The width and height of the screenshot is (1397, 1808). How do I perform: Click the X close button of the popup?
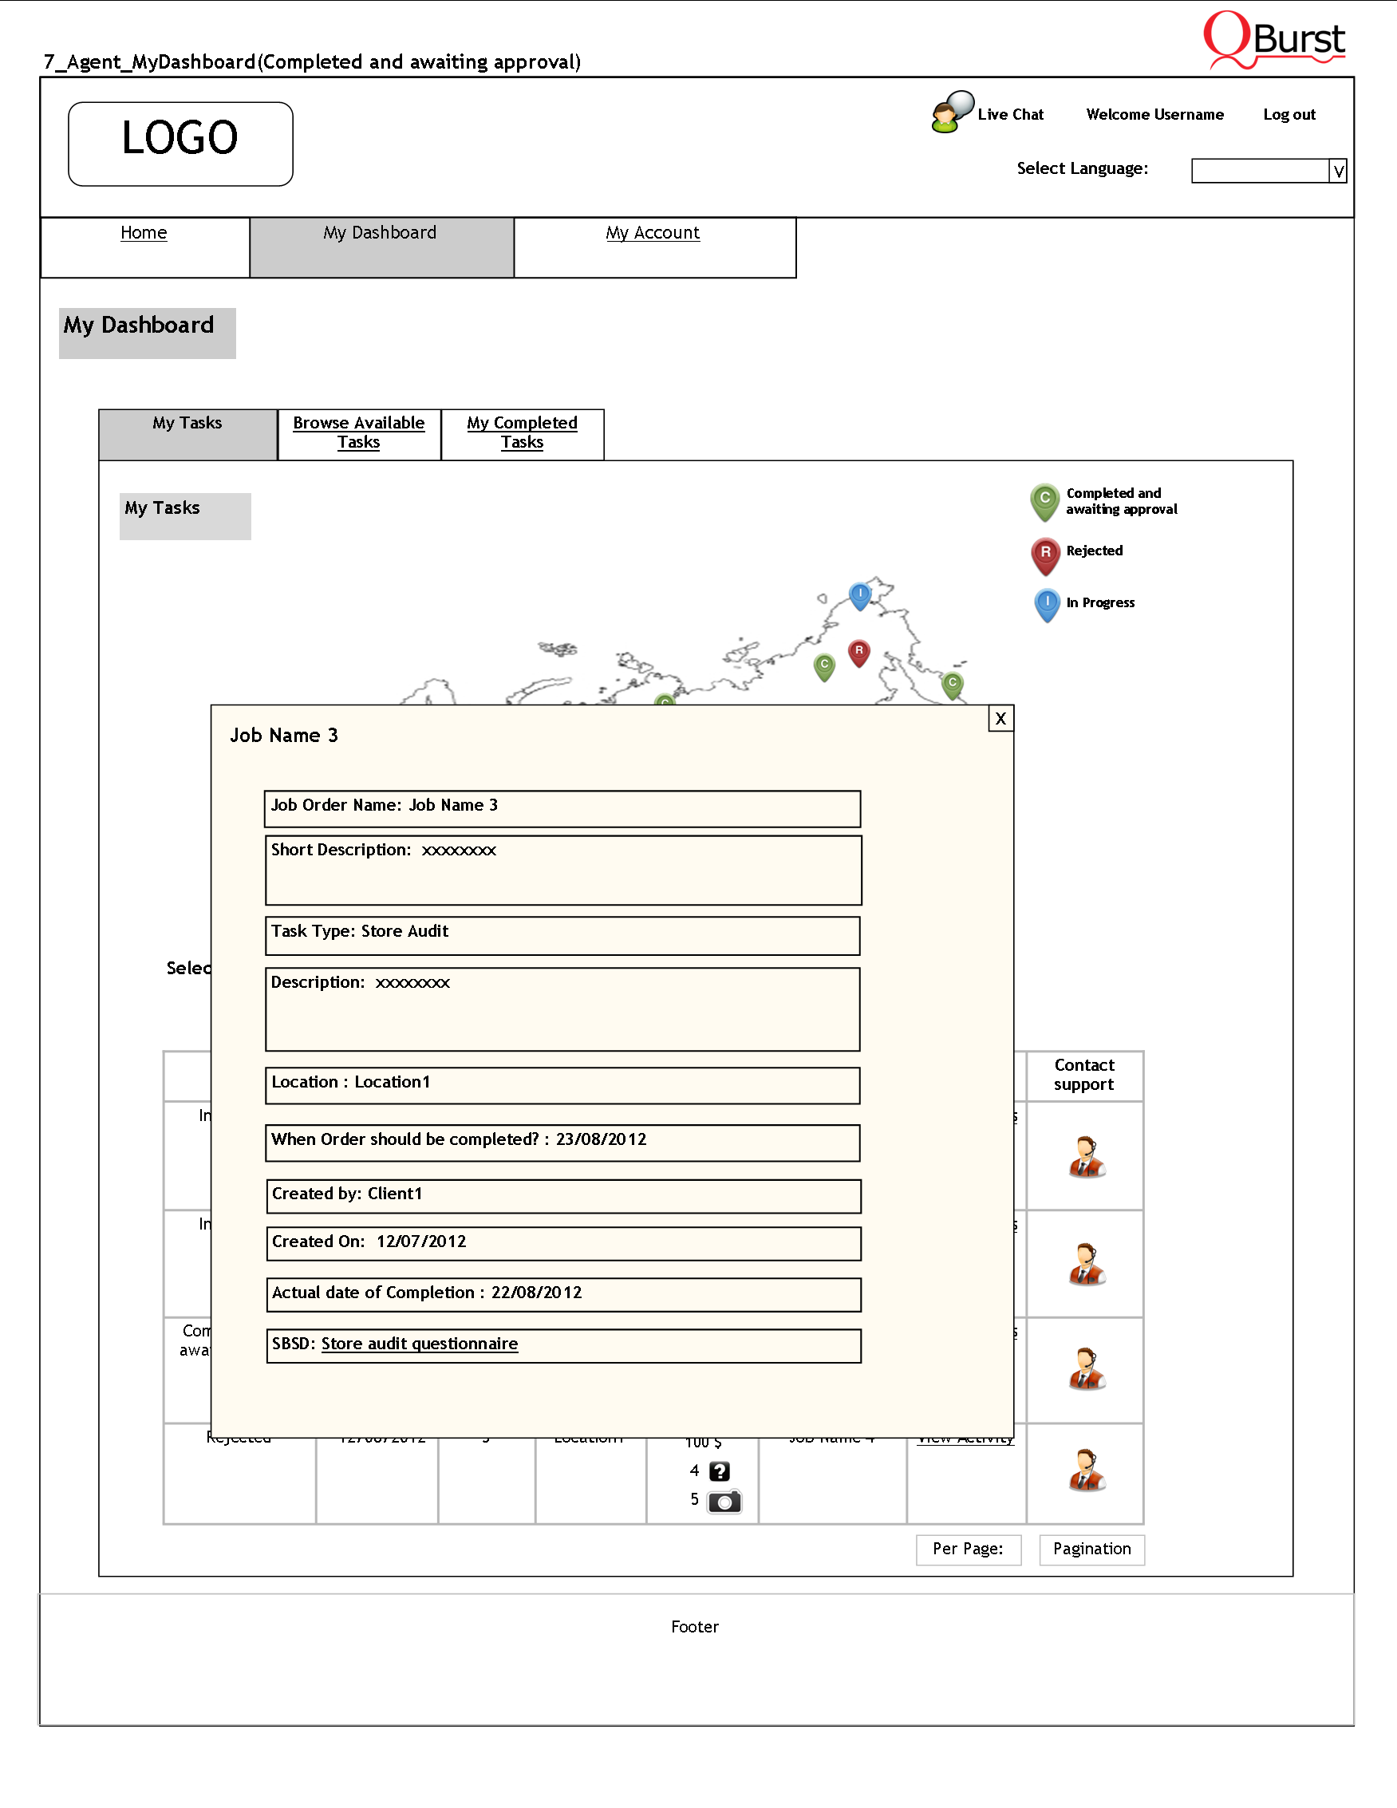1000,719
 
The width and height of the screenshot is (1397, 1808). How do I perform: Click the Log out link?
1288,115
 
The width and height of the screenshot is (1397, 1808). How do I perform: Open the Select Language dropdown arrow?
1337,172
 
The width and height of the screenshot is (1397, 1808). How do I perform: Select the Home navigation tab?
144,233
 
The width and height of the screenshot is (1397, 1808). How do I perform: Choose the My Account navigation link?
652,233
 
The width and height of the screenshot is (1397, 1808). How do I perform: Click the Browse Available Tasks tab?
358,432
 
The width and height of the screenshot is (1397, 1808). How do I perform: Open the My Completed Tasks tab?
522,432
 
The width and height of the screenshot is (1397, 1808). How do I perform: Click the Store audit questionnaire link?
419,1344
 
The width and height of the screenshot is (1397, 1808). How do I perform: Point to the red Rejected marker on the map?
859,653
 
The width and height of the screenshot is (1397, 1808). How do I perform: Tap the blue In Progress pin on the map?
860,594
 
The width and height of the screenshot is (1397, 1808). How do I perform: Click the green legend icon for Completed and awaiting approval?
1044,500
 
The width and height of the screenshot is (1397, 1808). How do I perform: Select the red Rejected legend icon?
1045,554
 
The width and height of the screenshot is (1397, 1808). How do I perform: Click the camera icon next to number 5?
724,1502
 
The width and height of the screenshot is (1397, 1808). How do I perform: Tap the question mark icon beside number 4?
719,1471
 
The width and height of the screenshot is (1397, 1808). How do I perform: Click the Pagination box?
1091,1549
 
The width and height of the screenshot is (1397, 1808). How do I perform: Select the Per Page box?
968,1549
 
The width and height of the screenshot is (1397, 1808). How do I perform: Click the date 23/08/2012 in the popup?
601,1139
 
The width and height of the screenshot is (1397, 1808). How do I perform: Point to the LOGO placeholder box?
180,143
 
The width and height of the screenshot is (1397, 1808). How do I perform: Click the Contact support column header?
1083,1075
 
